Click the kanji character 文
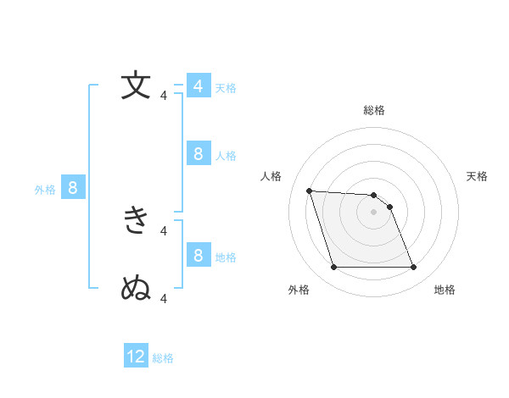(137, 86)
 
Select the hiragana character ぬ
(137, 288)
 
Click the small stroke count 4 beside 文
(164, 96)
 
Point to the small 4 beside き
(164, 229)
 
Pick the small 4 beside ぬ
(164, 298)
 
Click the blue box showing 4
(198, 86)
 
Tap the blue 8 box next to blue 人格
(198, 153)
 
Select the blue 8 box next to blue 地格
(198, 255)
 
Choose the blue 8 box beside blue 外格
(72, 188)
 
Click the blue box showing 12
(136, 357)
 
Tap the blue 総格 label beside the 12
(163, 358)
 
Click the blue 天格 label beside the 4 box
(226, 88)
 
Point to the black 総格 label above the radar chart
(373, 110)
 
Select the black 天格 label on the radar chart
(478, 176)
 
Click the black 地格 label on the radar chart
(445, 290)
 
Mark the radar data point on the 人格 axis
(309, 191)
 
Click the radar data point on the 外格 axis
(333, 268)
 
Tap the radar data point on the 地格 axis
(413, 268)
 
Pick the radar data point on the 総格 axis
(373, 195)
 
